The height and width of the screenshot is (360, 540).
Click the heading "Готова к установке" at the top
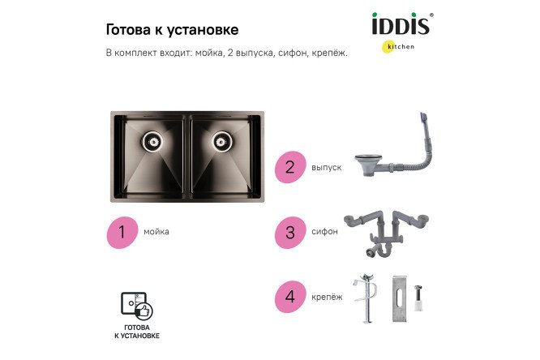[x=172, y=30]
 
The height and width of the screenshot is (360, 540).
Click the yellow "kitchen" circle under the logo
[x=389, y=47]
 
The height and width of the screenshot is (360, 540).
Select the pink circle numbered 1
[x=122, y=231]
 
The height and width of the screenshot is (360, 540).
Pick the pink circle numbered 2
[x=289, y=168]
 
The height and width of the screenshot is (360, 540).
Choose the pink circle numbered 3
[x=289, y=231]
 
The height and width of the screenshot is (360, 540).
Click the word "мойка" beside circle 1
[x=156, y=232]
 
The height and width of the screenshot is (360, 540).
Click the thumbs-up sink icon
[x=136, y=304]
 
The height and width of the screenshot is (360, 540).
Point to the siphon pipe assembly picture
[x=385, y=232]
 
